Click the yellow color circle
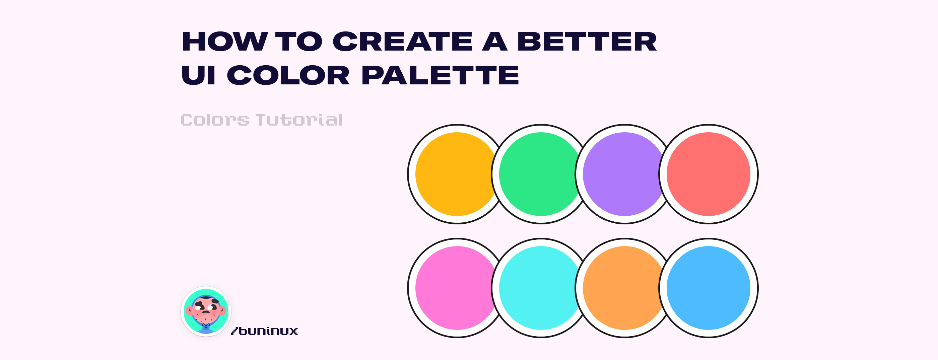pyautogui.click(x=455, y=174)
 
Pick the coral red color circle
pyautogui.click(x=708, y=174)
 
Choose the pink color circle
pyautogui.click(x=455, y=288)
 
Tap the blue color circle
pyautogui.click(x=708, y=288)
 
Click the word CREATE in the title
pyautogui.click(x=402, y=42)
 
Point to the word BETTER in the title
pyautogui.click(x=587, y=42)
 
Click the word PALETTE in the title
pyautogui.click(x=440, y=75)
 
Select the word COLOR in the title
pyautogui.click(x=288, y=75)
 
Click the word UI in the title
pyautogui.click(x=198, y=75)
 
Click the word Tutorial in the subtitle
pyautogui.click(x=299, y=120)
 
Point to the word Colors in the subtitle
pyautogui.click(x=215, y=120)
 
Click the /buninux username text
pyautogui.click(x=265, y=331)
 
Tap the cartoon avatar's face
pyautogui.click(x=206, y=309)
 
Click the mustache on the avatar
pyautogui.click(x=206, y=312)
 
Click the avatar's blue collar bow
pyautogui.click(x=206, y=326)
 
